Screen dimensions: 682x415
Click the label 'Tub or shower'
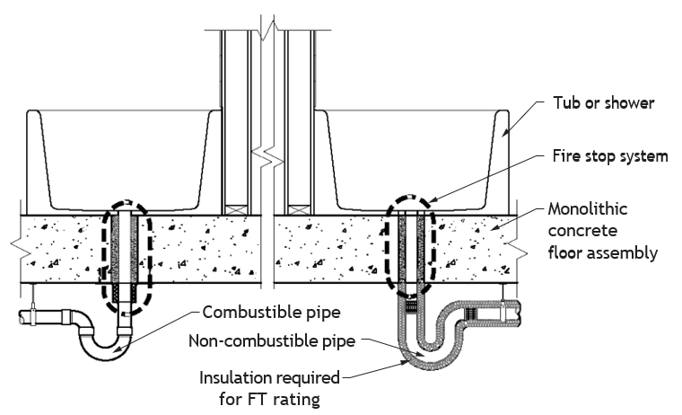click(x=603, y=103)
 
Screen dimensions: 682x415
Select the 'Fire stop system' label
click(x=610, y=156)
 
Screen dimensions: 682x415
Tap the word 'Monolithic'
click(x=587, y=209)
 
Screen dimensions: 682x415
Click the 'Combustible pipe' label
click(x=271, y=313)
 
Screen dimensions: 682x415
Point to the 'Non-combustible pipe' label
click(x=272, y=340)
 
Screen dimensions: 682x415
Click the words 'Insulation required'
click(x=269, y=378)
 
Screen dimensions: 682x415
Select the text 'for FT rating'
click(x=269, y=399)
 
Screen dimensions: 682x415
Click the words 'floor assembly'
click(x=602, y=252)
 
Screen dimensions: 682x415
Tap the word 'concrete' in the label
click(x=582, y=231)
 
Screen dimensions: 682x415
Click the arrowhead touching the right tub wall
click(x=506, y=133)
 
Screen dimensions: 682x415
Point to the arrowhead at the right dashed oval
click(x=433, y=200)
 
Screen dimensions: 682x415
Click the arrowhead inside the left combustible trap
click(x=116, y=348)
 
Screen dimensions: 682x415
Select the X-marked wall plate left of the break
click(x=236, y=210)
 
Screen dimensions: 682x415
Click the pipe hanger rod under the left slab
click(x=32, y=296)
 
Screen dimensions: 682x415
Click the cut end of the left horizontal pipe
click(x=22, y=316)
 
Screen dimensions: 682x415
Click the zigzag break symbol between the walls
click(x=267, y=155)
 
